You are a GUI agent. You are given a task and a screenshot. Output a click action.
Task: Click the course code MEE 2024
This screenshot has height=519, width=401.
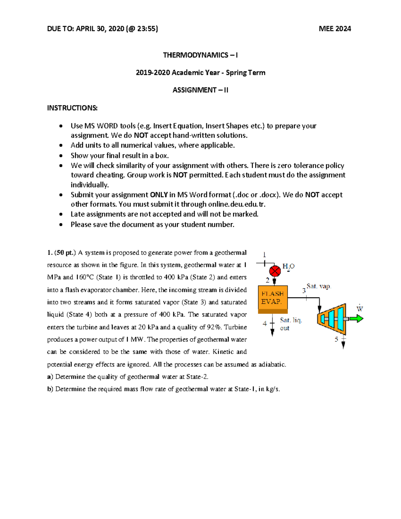tap(335, 29)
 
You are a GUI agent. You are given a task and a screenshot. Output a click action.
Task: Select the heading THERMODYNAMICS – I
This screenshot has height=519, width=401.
tap(200, 55)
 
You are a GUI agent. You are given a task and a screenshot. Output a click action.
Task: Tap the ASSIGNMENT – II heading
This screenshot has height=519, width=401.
tap(200, 90)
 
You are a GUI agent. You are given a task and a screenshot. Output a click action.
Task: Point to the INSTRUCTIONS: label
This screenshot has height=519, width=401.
tap(72, 108)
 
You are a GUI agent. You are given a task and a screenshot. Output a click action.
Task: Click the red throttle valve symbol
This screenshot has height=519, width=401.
tap(275, 271)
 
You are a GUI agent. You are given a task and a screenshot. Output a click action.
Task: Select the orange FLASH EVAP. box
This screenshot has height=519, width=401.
tap(273, 298)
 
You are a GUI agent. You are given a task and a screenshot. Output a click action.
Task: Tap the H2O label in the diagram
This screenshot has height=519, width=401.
tap(288, 266)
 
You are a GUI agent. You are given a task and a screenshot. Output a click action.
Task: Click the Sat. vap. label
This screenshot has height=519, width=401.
tap(318, 286)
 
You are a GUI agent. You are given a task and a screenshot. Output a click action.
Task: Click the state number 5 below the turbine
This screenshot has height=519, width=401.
tap(336, 340)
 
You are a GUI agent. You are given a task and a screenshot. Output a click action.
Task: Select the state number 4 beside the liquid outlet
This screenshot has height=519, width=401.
tap(265, 323)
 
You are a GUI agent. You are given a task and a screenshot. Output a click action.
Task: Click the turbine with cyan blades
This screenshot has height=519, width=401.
tap(332, 318)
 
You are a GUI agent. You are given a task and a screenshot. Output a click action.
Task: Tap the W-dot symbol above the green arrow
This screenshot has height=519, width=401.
tap(360, 308)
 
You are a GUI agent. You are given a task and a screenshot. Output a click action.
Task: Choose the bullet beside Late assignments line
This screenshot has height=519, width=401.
tap(61, 214)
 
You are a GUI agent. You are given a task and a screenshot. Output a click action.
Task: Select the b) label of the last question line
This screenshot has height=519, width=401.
tap(50, 389)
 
